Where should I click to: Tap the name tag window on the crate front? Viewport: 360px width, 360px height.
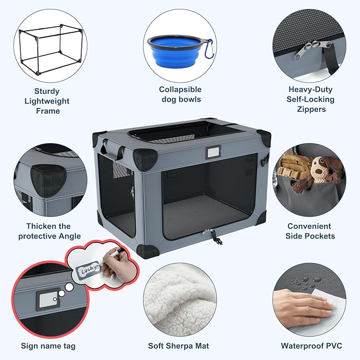[214, 152]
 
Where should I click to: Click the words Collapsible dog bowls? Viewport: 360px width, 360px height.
[180, 94]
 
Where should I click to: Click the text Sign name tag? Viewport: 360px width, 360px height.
[48, 346]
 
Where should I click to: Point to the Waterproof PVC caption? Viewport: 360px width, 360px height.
[311, 346]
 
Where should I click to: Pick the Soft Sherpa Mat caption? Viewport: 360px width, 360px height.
[179, 346]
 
